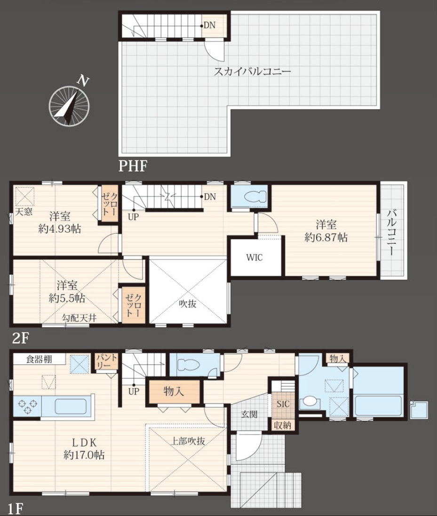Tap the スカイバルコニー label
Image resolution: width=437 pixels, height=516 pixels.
coord(252,71)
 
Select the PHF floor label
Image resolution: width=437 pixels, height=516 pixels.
coord(132,166)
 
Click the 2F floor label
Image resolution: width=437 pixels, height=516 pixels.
coord(20,338)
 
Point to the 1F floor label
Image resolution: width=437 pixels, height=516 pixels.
coord(16,509)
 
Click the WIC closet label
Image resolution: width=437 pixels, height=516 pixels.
coord(254,258)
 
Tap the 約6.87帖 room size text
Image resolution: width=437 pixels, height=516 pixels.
coord(326,237)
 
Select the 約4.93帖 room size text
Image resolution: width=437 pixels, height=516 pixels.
coord(60,229)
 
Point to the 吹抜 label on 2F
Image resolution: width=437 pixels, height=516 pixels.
coord(187,304)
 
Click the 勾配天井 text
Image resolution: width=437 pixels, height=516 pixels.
coord(79,318)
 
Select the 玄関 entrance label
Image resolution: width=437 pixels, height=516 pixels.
coord(249,414)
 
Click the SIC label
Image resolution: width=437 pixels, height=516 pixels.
coord(283,404)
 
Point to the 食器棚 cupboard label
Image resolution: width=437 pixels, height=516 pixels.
coord(39,359)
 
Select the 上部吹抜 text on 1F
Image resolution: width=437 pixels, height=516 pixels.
coord(188,441)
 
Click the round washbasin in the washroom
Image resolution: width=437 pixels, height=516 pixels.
coord(309,401)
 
